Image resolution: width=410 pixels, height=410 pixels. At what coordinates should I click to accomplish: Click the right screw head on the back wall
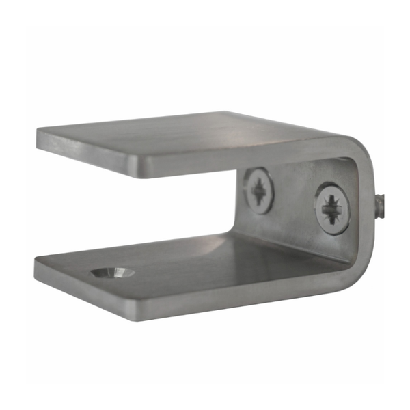pyautogui.click(x=333, y=208)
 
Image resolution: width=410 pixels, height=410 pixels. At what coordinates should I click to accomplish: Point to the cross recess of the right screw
pyautogui.click(x=333, y=208)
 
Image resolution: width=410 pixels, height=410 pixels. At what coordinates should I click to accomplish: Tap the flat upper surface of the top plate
pyautogui.click(x=205, y=137)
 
